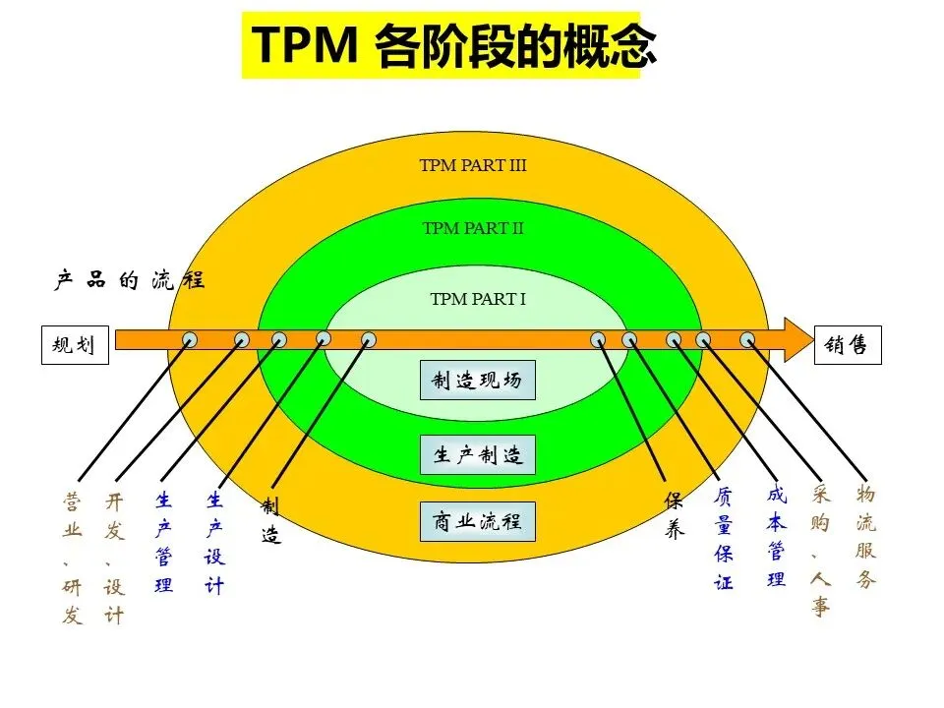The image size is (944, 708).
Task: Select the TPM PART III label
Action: (x=473, y=165)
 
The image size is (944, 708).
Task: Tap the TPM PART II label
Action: (x=473, y=228)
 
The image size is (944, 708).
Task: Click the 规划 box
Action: (x=74, y=345)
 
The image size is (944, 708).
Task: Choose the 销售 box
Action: (x=847, y=345)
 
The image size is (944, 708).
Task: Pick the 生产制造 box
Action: (x=478, y=455)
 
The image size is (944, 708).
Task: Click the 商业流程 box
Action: (x=478, y=521)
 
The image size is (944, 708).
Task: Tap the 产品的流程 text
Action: (x=129, y=279)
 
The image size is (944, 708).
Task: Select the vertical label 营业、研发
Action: (x=73, y=559)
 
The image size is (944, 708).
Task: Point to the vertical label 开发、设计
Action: (x=115, y=559)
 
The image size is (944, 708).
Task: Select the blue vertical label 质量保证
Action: (x=724, y=540)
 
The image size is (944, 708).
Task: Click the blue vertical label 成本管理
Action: (x=777, y=536)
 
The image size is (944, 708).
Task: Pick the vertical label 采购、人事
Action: (x=821, y=550)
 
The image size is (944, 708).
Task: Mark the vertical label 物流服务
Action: (x=865, y=536)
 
